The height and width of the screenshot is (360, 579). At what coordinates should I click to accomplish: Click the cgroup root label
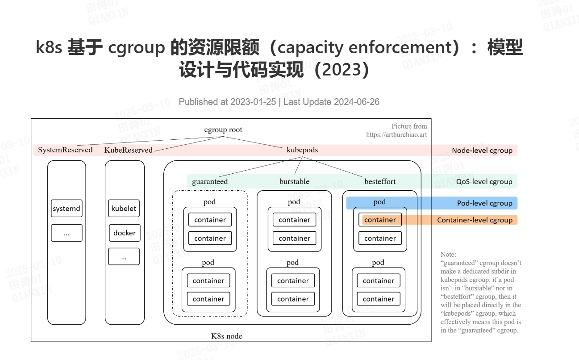(223, 130)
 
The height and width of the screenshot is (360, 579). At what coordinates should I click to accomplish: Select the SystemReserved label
(65, 150)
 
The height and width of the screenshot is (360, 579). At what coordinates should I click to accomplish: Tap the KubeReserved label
(129, 150)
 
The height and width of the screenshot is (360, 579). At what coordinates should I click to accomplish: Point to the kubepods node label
(302, 150)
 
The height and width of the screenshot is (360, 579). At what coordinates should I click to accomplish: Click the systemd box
(67, 209)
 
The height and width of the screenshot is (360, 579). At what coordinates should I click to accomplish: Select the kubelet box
(124, 208)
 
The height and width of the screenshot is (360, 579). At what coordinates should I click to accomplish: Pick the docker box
(125, 233)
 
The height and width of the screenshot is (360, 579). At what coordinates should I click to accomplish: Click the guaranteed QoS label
(210, 181)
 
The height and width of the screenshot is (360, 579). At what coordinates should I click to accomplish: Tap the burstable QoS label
(294, 181)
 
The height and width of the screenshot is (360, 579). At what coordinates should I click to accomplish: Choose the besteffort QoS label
(380, 181)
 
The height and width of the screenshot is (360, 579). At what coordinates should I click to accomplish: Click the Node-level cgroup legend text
(482, 151)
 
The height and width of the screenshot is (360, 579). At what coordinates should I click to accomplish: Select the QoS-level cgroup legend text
(484, 182)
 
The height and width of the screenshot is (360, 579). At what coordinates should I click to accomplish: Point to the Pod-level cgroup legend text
(484, 203)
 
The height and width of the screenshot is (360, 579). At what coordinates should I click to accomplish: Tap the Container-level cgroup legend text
(475, 220)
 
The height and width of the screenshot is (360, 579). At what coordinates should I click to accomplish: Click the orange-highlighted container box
(380, 220)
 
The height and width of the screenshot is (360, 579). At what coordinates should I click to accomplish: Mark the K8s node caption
(227, 336)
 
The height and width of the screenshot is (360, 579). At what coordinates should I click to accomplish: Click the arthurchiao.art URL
(396, 134)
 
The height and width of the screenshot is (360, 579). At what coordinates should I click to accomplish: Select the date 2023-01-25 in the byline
(253, 102)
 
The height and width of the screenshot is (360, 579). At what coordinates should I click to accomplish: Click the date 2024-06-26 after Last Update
(356, 102)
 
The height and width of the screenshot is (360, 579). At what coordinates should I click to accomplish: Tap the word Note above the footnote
(448, 255)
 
